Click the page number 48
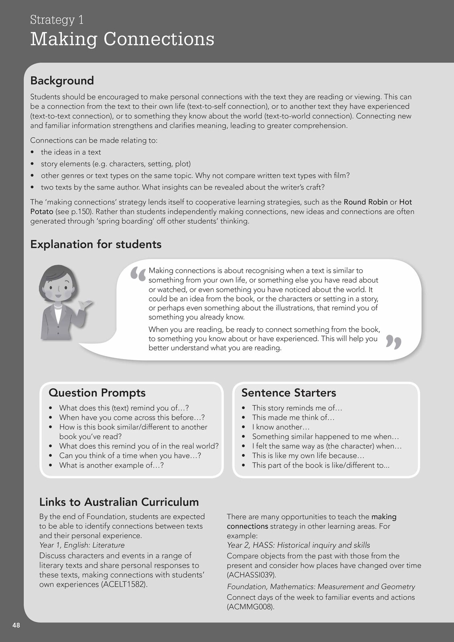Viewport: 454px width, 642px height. point(16,625)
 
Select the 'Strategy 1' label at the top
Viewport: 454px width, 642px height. point(57,20)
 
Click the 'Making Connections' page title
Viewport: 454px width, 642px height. point(122,39)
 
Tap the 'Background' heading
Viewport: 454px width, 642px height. point(62,81)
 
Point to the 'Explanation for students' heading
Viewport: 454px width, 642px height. point(96,244)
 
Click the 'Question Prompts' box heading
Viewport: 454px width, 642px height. point(97,392)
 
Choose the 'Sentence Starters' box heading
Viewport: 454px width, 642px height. point(288,392)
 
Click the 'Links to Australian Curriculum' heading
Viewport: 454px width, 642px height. point(119,502)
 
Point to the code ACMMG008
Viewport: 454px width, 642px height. point(250,607)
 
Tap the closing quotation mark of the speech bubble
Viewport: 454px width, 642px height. point(393,342)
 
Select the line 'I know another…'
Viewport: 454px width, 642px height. point(281,427)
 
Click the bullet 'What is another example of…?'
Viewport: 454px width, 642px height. point(111,465)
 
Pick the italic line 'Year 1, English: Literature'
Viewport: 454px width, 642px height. point(82,545)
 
